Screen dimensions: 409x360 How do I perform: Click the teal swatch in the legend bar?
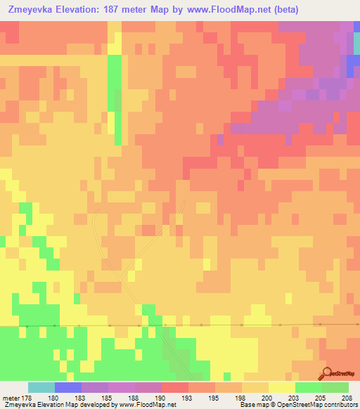tap(41, 387)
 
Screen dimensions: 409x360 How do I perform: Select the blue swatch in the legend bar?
tap(67, 387)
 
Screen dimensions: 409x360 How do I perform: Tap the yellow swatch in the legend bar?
tap(281, 387)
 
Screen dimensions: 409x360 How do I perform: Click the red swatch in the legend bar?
tap(174, 387)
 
